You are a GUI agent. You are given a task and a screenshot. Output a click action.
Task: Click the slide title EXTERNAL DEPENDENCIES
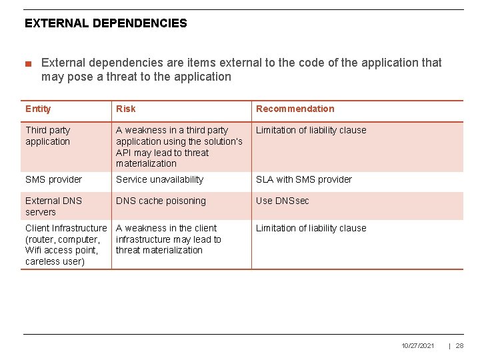[106, 23]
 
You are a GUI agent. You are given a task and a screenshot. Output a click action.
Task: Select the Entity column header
[38, 109]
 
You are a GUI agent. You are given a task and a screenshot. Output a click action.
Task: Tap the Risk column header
[125, 109]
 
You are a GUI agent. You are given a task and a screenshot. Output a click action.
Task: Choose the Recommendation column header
[295, 109]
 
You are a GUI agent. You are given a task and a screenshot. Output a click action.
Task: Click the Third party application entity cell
[47, 136]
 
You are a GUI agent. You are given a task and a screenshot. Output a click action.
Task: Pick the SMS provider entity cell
[53, 179]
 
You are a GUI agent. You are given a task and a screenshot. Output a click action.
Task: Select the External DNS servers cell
[53, 206]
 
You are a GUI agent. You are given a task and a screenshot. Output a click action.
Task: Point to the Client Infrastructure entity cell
[65, 245]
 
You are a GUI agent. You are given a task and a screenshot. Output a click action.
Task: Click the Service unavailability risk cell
[159, 179]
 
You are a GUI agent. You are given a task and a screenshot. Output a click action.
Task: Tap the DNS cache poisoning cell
[161, 201]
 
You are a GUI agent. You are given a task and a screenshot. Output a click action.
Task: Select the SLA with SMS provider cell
[303, 179]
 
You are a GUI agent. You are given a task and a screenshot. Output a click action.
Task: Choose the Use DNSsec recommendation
[283, 201]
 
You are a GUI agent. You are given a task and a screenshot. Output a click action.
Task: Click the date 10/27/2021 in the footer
[418, 345]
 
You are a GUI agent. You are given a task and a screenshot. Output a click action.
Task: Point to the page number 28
[459, 345]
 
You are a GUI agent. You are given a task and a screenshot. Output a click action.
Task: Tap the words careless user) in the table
[55, 261]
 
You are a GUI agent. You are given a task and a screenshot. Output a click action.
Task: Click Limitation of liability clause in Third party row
[311, 130]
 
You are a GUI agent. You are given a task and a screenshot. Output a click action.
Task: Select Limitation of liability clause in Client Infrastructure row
[311, 228]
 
